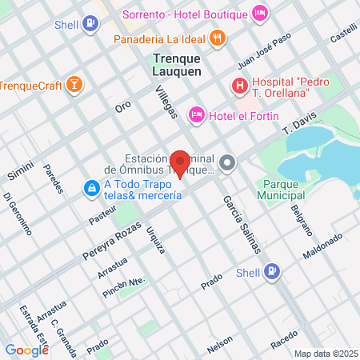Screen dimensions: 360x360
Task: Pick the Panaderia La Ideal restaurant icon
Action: coord(217,38)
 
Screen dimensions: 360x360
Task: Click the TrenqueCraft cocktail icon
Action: coord(74,86)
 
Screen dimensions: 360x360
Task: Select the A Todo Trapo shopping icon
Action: coord(92,188)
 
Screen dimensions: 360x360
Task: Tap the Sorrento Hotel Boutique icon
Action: coord(259,14)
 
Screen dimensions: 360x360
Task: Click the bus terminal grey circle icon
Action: coord(228,163)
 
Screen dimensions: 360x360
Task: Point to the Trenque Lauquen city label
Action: coord(177,64)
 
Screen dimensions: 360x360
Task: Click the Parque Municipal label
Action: coord(272,189)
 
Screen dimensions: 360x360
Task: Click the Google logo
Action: coord(26,350)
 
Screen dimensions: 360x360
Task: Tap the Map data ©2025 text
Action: coord(325,354)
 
